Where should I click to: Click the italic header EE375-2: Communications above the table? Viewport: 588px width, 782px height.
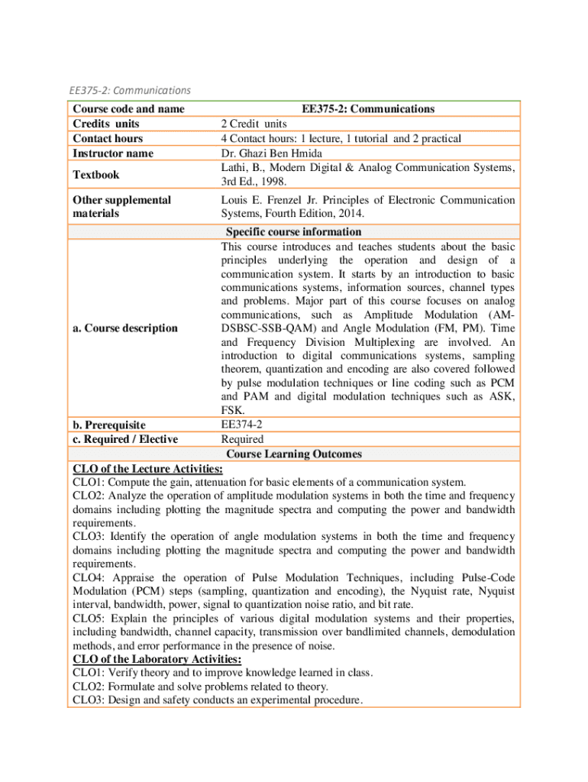click(x=130, y=91)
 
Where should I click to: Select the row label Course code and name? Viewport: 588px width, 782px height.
click(x=129, y=108)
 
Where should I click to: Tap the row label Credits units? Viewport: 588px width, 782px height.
click(x=105, y=123)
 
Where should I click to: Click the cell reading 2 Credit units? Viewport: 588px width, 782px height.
click(x=254, y=123)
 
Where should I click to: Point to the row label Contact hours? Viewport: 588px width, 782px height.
click(x=108, y=138)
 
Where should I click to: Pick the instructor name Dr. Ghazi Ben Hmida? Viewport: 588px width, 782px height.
click(x=271, y=153)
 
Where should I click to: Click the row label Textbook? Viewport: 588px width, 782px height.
click(x=95, y=175)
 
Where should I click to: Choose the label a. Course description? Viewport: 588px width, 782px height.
click(x=124, y=328)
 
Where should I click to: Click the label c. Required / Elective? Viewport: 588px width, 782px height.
click(x=125, y=439)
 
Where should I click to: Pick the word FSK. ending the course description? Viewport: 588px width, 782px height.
click(x=232, y=410)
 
